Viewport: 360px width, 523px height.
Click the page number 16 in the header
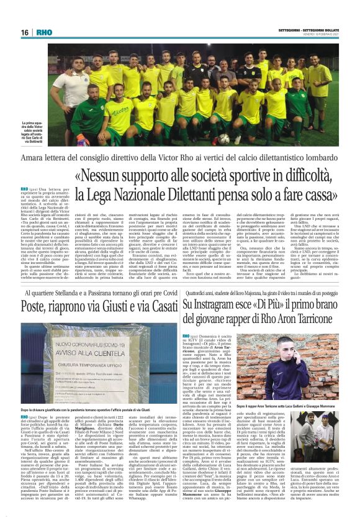24,32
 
